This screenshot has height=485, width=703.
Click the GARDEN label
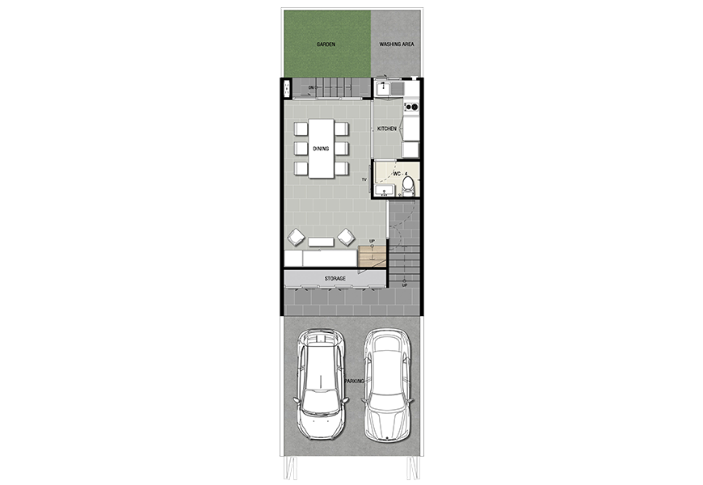coord(326,44)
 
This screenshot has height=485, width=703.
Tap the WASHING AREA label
coord(397,44)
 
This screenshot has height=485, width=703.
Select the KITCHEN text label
coord(387,129)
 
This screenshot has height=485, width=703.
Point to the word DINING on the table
coord(321,149)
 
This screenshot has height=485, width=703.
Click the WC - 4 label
coord(400,174)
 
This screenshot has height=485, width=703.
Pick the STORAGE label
coord(335,279)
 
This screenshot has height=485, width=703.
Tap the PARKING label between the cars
coord(354,381)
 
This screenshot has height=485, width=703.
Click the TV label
coord(364,180)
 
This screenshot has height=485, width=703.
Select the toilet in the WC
coord(408,186)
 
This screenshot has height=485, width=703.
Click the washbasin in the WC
coord(383,191)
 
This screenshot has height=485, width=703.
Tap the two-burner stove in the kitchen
coord(411,107)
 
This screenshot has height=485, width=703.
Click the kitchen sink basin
coord(383,88)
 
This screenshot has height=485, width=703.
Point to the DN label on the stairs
coord(311,87)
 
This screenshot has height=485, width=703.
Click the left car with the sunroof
coord(321,385)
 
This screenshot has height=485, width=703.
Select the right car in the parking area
coord(387,386)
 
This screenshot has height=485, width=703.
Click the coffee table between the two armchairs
coord(321,242)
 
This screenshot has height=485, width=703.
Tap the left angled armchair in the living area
coord(297,237)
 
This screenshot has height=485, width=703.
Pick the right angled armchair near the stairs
coord(346,237)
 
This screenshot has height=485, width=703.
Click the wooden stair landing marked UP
coord(373,256)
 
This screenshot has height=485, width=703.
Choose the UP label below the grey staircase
coord(404,285)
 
